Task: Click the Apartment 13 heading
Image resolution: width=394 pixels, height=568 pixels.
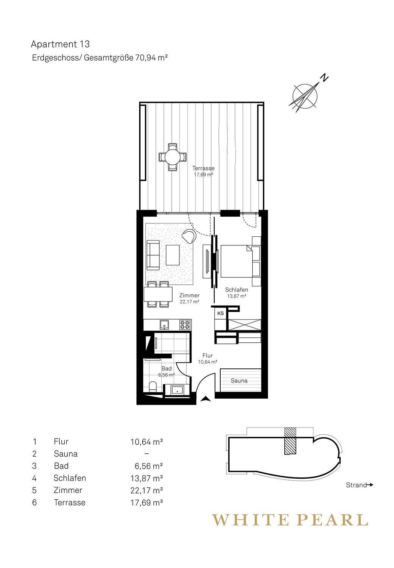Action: point(60,44)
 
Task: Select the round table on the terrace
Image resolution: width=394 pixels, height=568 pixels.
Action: point(172,157)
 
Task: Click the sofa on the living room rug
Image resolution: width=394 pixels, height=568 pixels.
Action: point(153,255)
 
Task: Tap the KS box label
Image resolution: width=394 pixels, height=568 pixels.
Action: point(220,314)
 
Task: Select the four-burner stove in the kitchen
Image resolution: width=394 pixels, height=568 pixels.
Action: point(185,325)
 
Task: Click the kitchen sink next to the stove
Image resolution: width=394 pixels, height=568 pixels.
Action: point(164,325)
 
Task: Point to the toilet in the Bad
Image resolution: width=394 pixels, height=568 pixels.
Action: point(153,387)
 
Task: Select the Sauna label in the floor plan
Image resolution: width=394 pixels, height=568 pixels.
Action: point(239,381)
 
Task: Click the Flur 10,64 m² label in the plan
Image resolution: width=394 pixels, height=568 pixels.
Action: point(207,359)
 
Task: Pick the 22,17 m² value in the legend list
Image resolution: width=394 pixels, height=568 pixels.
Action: point(146,490)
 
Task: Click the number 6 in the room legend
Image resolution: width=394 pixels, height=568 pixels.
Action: point(34,502)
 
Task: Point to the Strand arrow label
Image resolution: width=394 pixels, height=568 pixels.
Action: point(360,485)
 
